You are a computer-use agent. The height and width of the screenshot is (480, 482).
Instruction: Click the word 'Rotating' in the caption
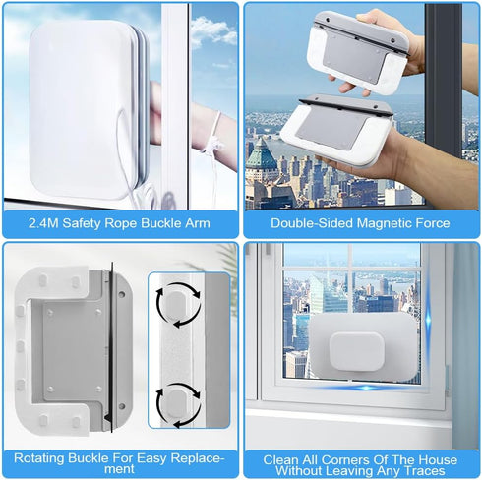pyautogui.click(x=38, y=458)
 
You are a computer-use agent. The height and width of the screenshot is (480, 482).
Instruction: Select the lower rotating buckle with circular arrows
pyautogui.click(x=178, y=404)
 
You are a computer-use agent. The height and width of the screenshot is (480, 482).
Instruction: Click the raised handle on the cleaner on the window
pyautogui.click(x=357, y=352)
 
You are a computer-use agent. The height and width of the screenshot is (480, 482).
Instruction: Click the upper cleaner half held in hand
pyautogui.click(x=358, y=52)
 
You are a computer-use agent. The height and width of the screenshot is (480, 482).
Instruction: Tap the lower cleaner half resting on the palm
pyautogui.click(x=336, y=131)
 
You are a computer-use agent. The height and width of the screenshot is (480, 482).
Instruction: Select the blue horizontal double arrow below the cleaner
pyautogui.click(x=367, y=388)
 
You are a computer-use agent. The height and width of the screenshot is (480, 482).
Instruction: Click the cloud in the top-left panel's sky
pyautogui.click(x=213, y=30)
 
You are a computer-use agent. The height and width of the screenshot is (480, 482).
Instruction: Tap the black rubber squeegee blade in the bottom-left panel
pyautogui.click(x=111, y=347)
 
